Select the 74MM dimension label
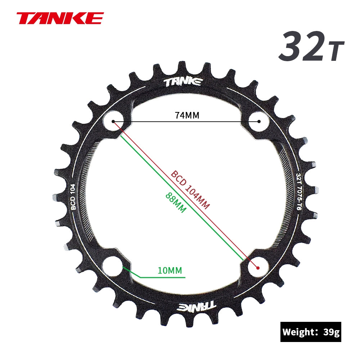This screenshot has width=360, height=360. point(187,115)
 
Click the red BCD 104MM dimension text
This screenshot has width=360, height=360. point(190,189)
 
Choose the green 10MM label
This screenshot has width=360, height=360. point(170,270)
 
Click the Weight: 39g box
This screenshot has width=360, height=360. point(311,332)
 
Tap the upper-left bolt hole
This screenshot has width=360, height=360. point(113,121)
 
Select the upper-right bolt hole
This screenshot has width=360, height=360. point(259,121)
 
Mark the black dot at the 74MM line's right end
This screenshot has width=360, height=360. point(259,121)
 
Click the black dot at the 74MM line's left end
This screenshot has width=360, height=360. point(113,121)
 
